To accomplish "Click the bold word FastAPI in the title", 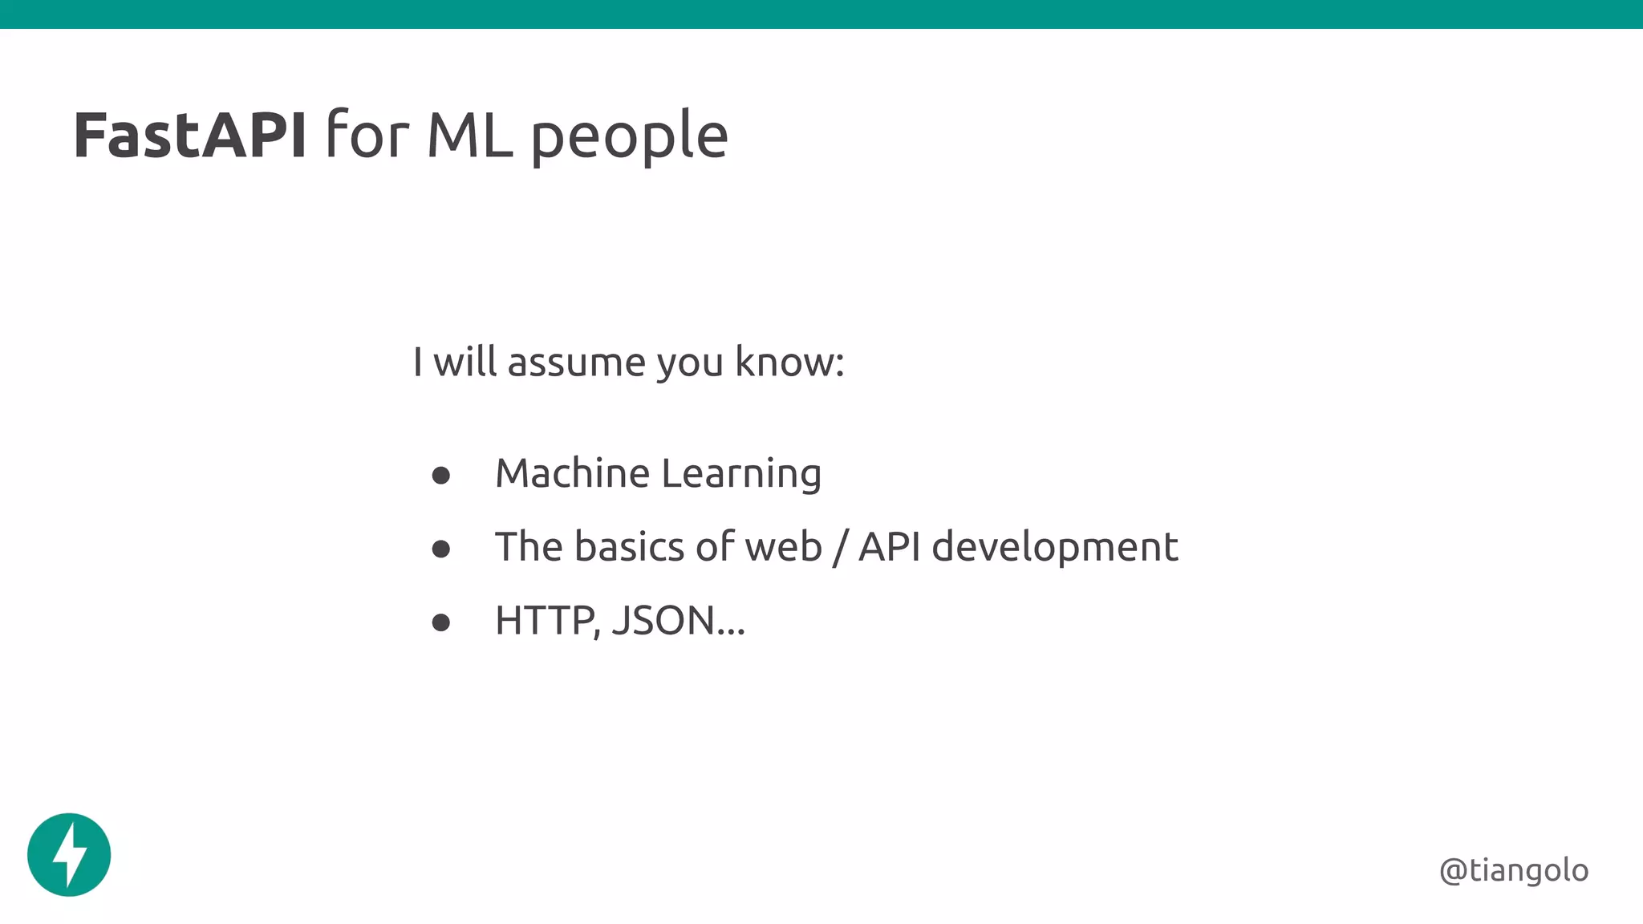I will [189, 136].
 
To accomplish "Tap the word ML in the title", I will [469, 136].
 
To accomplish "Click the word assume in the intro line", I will [576, 363].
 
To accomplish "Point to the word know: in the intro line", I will [789, 362].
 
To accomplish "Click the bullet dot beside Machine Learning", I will [440, 476].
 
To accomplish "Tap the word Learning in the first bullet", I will [741, 474].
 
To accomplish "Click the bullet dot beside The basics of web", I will [440, 549].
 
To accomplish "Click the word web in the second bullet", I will [784, 547].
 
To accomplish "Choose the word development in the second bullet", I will [1055, 548].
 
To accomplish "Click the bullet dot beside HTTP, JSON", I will [440, 622].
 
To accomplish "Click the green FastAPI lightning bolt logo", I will [69, 854].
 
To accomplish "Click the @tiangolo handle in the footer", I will [1514, 870].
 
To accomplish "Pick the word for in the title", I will [367, 136].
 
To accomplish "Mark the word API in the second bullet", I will [889, 547].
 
